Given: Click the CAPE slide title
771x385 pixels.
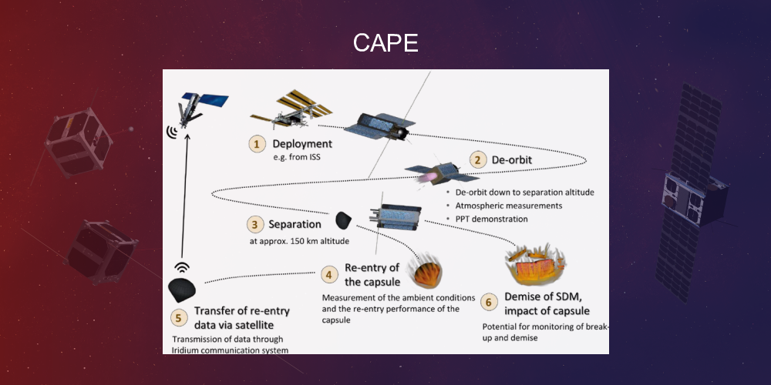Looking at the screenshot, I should [385, 43].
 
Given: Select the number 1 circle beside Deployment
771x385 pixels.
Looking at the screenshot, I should [255, 143].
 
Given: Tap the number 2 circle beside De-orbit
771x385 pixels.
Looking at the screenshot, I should [479, 160].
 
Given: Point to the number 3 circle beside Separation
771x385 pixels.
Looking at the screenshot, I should [256, 225].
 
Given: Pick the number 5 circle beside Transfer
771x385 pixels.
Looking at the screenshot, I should [179, 316].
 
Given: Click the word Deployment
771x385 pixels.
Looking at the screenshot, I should [302, 143].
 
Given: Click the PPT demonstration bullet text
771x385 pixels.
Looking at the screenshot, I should [492, 219].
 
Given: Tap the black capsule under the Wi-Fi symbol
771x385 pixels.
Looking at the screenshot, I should [182, 290].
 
